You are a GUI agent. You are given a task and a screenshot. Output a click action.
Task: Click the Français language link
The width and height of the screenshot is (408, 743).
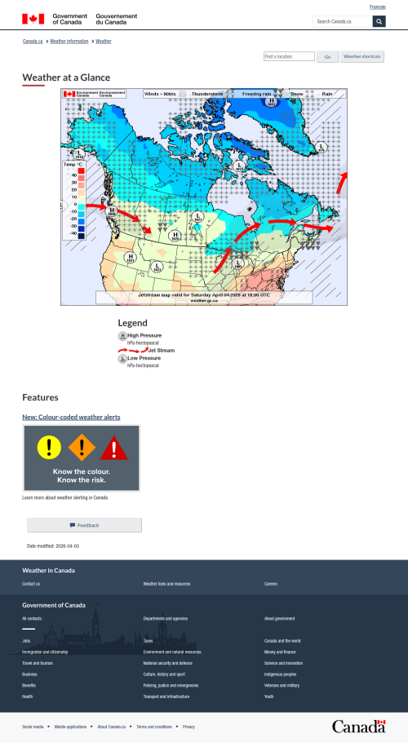tap(378, 7)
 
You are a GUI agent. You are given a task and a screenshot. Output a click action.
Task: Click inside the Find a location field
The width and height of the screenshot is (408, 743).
tap(289, 56)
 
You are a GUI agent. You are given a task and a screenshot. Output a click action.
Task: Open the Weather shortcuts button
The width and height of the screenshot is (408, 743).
tap(361, 56)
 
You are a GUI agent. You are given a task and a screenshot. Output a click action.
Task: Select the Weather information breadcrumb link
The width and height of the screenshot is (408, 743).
tap(69, 40)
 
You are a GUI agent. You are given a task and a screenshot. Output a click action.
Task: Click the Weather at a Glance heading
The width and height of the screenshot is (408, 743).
tap(66, 77)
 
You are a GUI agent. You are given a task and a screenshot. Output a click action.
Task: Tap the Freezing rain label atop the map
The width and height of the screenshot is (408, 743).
tap(257, 94)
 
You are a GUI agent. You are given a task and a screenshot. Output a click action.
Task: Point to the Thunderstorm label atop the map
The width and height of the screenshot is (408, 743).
tap(207, 94)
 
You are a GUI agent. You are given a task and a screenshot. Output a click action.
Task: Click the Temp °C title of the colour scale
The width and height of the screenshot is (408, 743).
tap(73, 165)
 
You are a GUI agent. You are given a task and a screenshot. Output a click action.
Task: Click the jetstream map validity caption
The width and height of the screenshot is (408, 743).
tap(204, 294)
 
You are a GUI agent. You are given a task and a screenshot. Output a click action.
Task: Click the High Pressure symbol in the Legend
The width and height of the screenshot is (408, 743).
tap(122, 335)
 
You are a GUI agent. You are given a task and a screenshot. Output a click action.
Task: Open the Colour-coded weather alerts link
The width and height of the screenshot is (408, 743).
tap(71, 417)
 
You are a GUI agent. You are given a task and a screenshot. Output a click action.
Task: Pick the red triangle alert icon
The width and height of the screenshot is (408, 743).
tap(115, 447)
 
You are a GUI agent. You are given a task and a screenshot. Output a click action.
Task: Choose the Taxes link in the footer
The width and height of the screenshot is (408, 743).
tap(148, 641)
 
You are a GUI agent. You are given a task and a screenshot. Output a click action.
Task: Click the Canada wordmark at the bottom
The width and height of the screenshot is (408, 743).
tap(358, 726)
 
